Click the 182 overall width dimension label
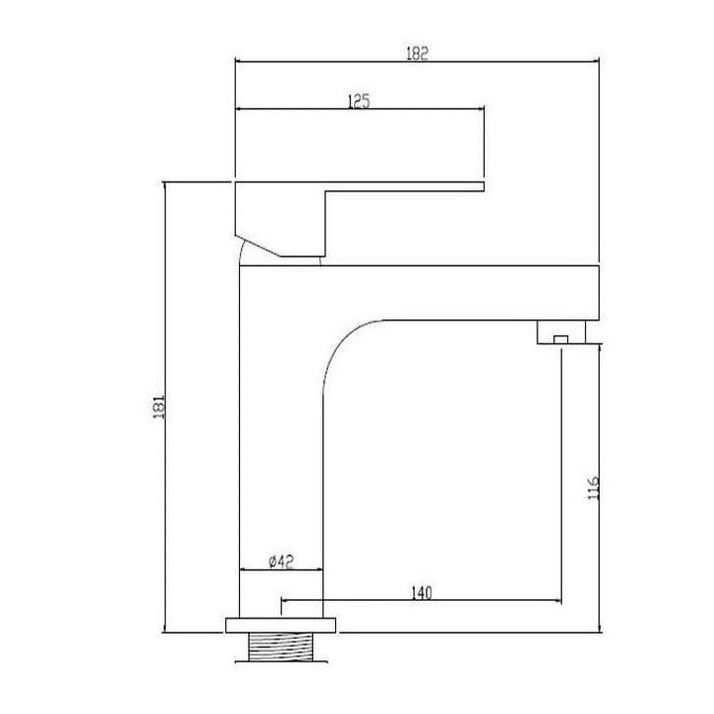point(417,55)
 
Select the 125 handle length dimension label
point(359,100)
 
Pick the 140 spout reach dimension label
point(420,592)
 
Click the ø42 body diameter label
point(281,561)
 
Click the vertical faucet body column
point(282,446)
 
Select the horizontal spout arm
point(466,292)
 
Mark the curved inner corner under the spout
point(342,342)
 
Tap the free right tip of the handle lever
point(482,185)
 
